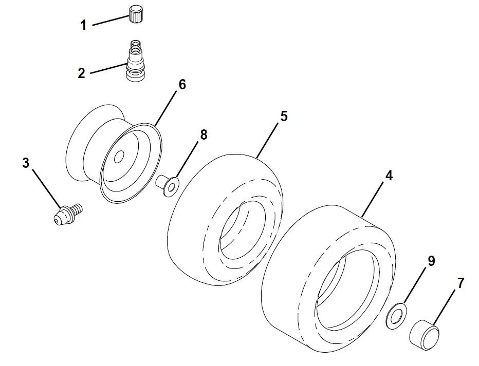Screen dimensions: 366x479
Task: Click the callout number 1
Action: coord(83,25)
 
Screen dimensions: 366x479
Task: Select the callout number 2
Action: coord(82,73)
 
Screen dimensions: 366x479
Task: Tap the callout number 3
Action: coord(26,163)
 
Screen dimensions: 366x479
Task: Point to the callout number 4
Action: coord(389,175)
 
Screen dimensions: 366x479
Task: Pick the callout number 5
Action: coord(283,116)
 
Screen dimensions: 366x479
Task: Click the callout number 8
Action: coord(204,134)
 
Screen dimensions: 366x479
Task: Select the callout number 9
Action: coord(431,261)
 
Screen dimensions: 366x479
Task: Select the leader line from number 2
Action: coord(109,68)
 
